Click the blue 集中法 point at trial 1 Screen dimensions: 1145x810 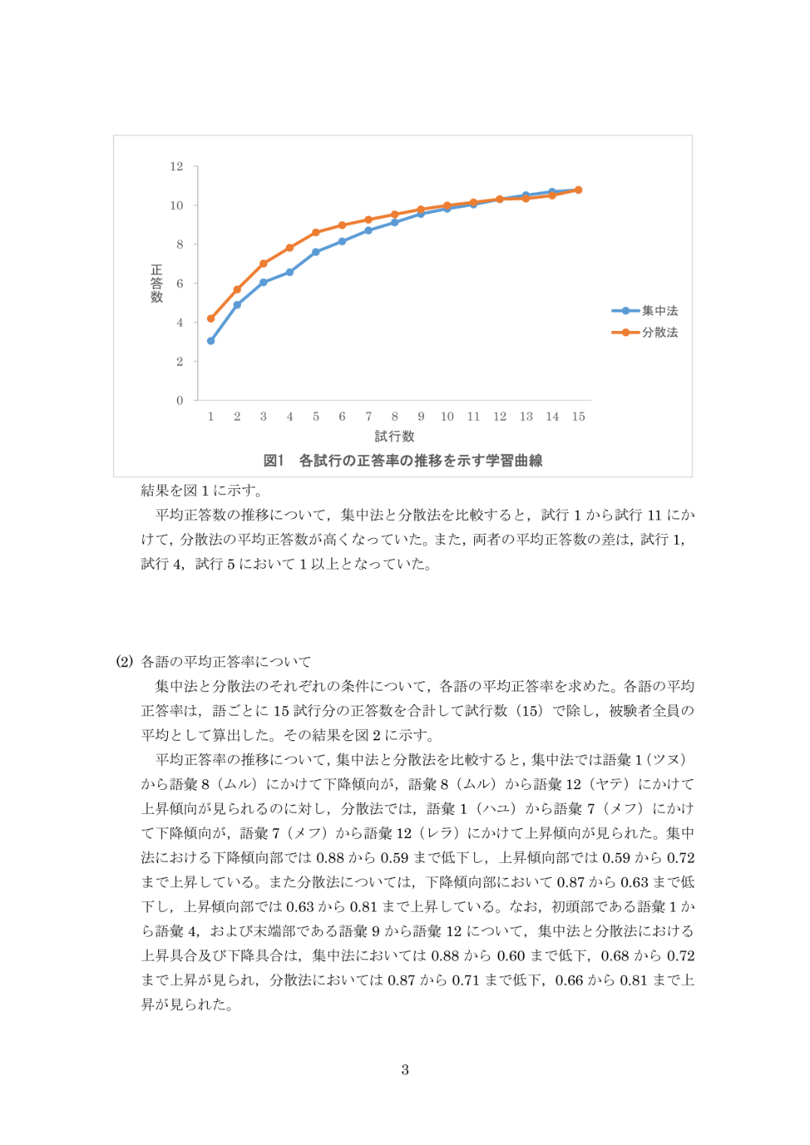211,341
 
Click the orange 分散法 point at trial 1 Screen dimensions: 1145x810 211,318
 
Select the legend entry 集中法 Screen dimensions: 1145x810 659,311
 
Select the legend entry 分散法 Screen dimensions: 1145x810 659,332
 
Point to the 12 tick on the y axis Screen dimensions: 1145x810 177,166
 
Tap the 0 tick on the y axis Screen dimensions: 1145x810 180,400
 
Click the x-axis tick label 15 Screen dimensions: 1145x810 578,416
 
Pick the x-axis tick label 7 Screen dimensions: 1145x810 368,416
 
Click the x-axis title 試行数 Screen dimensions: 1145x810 394,436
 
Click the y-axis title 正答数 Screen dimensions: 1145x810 157,284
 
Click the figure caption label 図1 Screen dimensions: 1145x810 273,460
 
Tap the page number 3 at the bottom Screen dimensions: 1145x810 405,1070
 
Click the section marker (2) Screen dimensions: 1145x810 124,661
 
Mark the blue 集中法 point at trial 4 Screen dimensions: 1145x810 290,272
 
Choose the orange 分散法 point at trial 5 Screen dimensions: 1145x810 316,232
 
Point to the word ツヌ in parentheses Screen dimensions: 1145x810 666,760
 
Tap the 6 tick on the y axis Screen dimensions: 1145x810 180,284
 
